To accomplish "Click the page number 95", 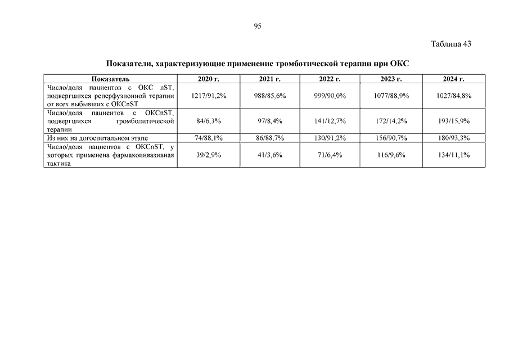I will [257, 26].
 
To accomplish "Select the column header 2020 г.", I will [208, 79].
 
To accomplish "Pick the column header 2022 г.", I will [330, 79].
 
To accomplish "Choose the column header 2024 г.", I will [453, 79].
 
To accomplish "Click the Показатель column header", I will [110, 79].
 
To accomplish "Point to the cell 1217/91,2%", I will [208, 96].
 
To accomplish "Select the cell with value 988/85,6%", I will [270, 96].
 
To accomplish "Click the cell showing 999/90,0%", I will [330, 96].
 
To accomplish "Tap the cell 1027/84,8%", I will [453, 96].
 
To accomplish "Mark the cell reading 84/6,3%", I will [208, 121].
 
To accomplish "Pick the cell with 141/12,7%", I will [330, 121].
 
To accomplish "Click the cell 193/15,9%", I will [453, 121].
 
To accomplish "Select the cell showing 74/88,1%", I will [208, 138].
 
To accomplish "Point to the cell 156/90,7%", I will [391, 138].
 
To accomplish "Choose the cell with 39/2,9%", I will [208, 155].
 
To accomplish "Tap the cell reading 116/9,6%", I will [391, 155].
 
